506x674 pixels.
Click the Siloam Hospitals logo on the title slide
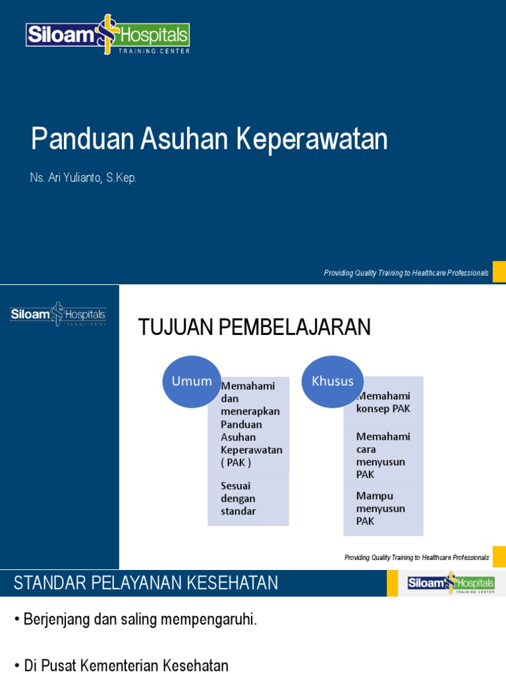(107, 35)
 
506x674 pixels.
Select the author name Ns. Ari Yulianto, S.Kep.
(84, 178)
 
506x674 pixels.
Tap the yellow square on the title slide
(499, 272)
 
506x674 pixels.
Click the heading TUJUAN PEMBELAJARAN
(254, 327)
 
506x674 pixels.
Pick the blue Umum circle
(192, 381)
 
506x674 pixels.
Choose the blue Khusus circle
(333, 381)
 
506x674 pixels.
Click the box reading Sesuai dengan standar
(248, 499)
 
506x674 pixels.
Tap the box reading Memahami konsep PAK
(383, 402)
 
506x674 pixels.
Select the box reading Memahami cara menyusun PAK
(383, 455)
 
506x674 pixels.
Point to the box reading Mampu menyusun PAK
(383, 508)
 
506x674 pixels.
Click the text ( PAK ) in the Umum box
(236, 463)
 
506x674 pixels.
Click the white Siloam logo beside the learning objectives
(58, 315)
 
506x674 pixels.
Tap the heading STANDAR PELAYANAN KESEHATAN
(146, 583)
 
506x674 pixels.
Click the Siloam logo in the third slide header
(451, 583)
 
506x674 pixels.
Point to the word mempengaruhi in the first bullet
(211, 619)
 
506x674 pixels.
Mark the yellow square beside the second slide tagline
(499, 557)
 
